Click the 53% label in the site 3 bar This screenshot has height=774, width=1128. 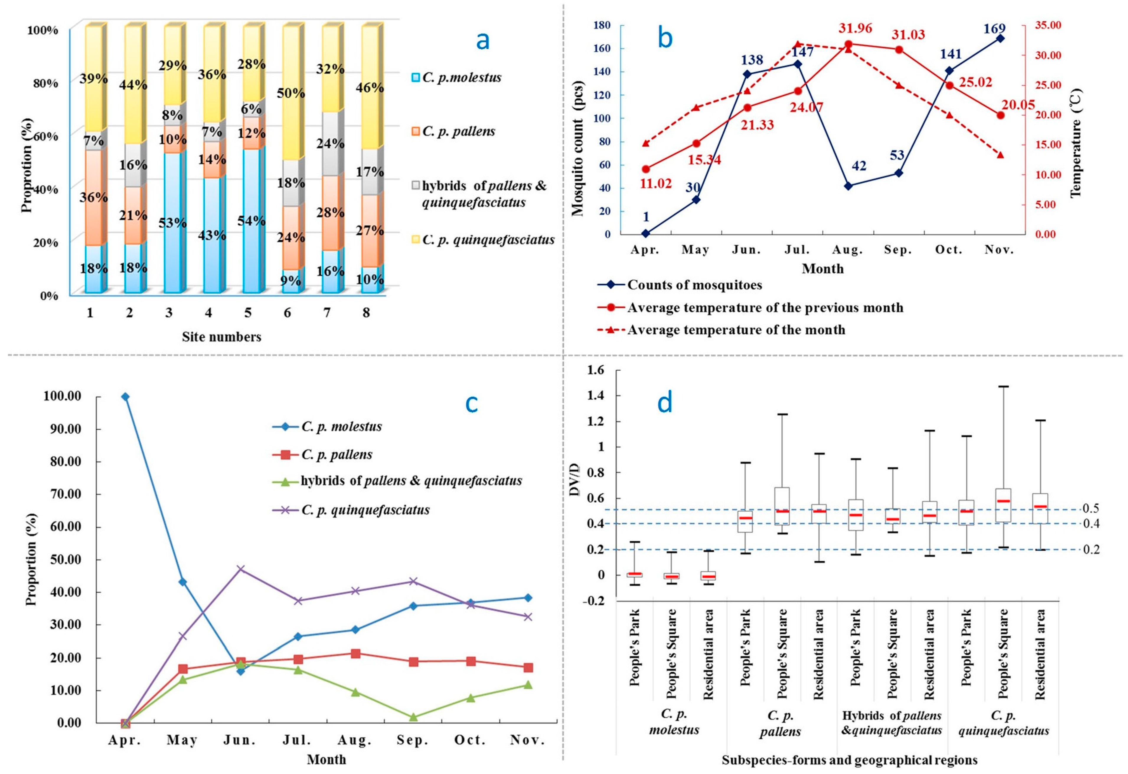(x=172, y=223)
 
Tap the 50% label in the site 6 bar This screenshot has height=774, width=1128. (x=291, y=93)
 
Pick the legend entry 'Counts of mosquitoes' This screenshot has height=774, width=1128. (x=680, y=285)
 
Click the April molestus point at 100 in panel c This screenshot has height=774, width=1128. (x=125, y=397)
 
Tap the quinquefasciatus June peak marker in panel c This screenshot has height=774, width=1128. (x=240, y=569)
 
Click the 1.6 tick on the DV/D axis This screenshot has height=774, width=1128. (x=596, y=371)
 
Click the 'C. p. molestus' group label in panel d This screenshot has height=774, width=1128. (x=674, y=722)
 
